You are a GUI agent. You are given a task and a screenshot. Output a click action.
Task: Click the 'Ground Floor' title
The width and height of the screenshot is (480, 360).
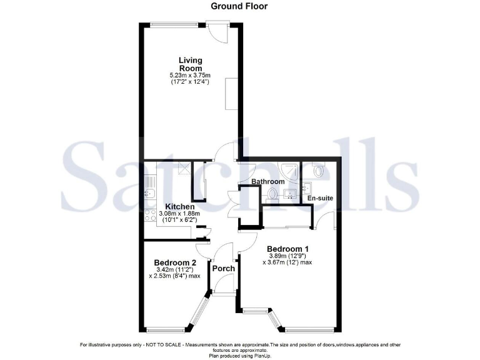(239, 6)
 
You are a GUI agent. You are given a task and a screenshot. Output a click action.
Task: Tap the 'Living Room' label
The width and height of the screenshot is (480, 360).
(190, 64)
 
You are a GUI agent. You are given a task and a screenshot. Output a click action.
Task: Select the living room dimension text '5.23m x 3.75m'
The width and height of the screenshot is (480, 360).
(190, 76)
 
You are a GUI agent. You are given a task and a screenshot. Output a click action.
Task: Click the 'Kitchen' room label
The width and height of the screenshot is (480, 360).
(180, 206)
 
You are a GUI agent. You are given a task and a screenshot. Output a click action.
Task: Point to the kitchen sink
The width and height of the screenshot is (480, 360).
(150, 186)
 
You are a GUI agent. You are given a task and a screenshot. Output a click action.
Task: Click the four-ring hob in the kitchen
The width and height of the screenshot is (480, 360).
(151, 217)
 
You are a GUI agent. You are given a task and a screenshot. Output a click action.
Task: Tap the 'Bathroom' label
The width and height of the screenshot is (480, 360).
(267, 182)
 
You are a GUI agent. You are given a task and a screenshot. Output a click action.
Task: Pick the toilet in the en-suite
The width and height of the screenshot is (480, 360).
(319, 171)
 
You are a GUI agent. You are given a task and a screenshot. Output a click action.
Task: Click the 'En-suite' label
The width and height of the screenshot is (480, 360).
(320, 198)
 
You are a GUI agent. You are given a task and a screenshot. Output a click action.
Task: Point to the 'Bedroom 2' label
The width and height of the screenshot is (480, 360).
(176, 262)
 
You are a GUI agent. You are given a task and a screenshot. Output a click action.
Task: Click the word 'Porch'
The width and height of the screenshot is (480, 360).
(224, 269)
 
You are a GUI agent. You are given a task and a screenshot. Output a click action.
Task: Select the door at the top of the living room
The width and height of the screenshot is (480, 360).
(219, 31)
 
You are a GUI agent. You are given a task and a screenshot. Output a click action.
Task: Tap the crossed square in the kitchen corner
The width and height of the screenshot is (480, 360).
(184, 167)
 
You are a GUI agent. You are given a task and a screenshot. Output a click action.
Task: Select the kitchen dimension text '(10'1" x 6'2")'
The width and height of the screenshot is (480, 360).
(180, 221)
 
